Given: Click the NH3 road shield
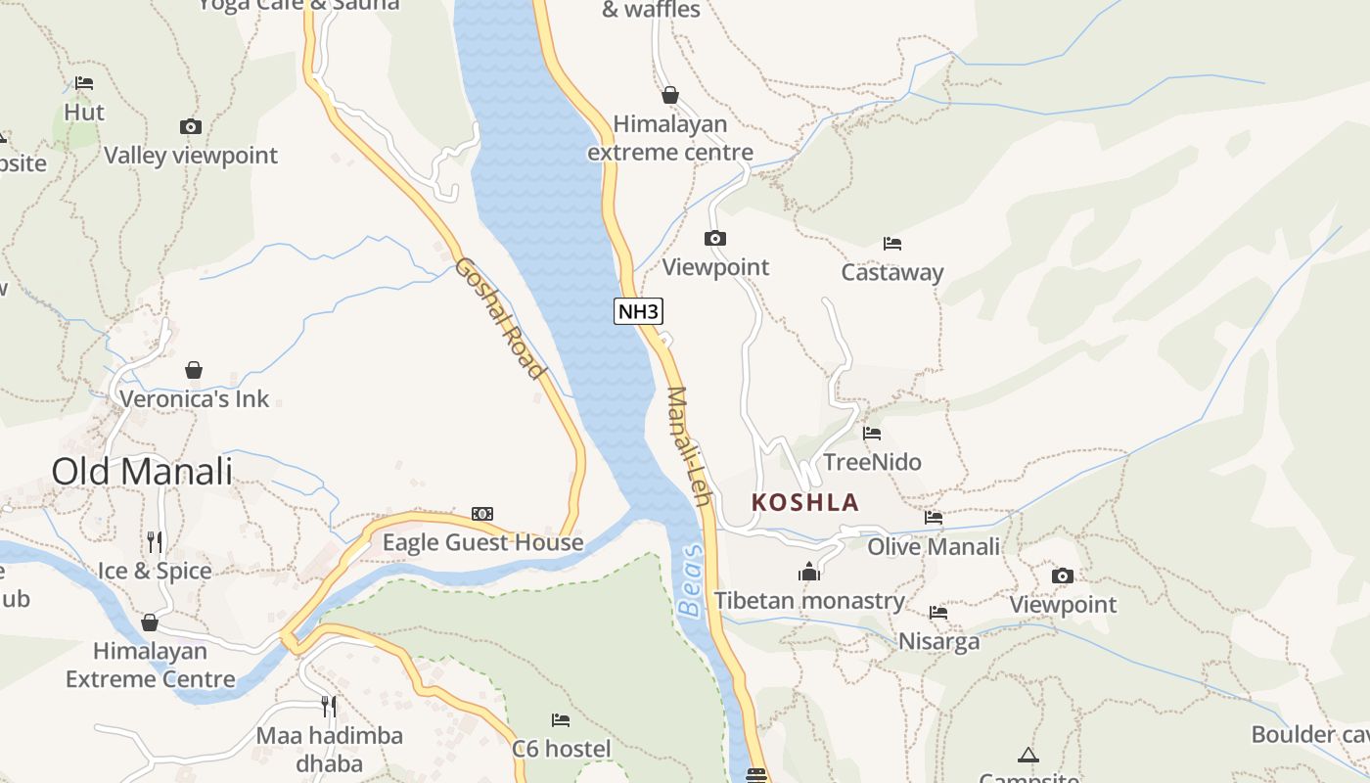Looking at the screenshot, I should pyautogui.click(x=639, y=311).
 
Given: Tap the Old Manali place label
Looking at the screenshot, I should pyautogui.click(x=142, y=472).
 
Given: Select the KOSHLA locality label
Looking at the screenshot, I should pyautogui.click(x=804, y=503).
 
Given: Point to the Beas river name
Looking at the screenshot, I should pyautogui.click(x=691, y=581).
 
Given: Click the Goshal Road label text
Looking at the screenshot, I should pyautogui.click(x=499, y=318).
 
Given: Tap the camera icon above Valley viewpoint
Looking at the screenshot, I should pyautogui.click(x=191, y=126).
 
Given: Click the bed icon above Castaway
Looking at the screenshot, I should pyautogui.click(x=891, y=243).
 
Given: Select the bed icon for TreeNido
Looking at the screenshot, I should pyautogui.click(x=872, y=433).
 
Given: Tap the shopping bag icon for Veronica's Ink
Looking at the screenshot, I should pyautogui.click(x=194, y=370).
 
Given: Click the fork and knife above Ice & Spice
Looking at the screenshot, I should pyautogui.click(x=155, y=541).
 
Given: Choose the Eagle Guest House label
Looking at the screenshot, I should pyautogui.click(x=482, y=542).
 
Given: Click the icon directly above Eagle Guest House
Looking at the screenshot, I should pyautogui.click(x=482, y=514).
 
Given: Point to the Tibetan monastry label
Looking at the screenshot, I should pyautogui.click(x=809, y=601).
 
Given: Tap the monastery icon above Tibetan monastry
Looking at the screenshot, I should pyautogui.click(x=809, y=572).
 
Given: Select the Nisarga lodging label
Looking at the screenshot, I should pyautogui.click(x=938, y=642).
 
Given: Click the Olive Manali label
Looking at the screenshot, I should pyautogui.click(x=934, y=546).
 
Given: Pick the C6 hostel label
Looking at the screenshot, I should pyautogui.click(x=562, y=749).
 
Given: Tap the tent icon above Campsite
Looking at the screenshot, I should pyautogui.click(x=1027, y=755).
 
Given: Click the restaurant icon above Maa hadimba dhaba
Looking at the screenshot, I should pyautogui.click(x=329, y=706).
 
